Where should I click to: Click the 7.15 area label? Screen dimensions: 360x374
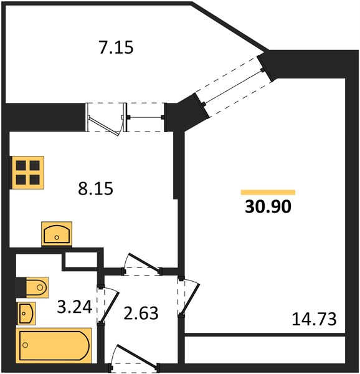click(116, 47)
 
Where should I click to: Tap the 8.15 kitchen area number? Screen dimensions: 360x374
click(95, 188)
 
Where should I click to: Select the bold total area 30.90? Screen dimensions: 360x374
click(268, 206)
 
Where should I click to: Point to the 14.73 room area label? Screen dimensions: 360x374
click(314, 319)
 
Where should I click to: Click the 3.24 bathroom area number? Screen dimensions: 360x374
click(75, 307)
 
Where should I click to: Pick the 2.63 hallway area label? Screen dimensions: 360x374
click(141, 313)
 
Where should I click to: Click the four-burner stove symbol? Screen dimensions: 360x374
click(27, 173)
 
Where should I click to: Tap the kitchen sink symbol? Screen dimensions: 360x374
click(57, 234)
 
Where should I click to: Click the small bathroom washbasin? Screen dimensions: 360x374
click(26, 314)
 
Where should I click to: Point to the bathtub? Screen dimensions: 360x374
click(54, 345)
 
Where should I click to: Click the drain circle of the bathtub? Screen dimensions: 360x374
click(26, 345)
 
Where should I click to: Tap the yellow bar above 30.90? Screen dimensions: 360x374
click(268, 192)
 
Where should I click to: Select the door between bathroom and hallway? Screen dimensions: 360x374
click(108, 305)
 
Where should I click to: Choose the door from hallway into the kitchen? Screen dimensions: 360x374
click(142, 265)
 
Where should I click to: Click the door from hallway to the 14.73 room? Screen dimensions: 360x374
click(189, 297)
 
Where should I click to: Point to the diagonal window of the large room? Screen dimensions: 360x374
click(234, 87)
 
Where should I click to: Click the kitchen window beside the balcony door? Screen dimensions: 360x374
click(145, 117)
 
